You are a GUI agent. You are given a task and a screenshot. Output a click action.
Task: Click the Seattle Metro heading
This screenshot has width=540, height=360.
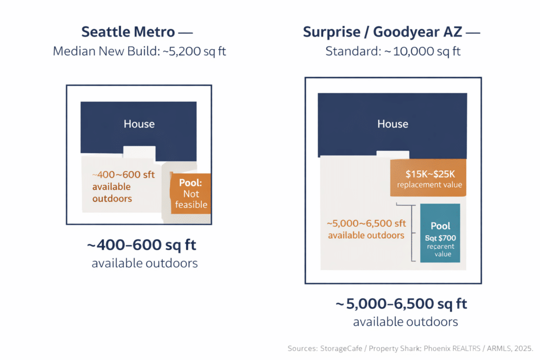tap(128, 32)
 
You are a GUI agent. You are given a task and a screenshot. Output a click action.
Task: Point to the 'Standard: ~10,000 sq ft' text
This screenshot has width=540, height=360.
tap(392, 52)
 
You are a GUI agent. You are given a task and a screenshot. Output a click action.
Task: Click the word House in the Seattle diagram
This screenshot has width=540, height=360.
tap(139, 124)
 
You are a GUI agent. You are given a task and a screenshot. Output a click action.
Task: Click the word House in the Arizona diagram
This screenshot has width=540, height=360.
tap(392, 124)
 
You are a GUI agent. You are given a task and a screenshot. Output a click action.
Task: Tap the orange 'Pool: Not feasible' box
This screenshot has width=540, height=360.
tap(191, 193)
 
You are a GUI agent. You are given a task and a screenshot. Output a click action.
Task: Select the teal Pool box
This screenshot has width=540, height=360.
tap(440, 233)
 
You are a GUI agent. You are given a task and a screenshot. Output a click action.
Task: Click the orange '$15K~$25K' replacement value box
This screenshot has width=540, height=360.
tap(429, 178)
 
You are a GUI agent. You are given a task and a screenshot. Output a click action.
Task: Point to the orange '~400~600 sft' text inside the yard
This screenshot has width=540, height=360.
tap(123, 175)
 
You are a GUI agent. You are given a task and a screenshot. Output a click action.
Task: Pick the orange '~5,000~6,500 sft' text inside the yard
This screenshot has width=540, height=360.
tap(367, 223)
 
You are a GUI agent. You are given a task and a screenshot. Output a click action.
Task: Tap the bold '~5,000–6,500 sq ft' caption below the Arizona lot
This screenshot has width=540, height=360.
tap(401, 304)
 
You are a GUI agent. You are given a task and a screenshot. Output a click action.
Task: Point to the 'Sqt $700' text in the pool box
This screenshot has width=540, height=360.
tap(440, 238)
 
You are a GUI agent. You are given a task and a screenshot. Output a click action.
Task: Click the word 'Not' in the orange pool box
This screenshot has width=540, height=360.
tap(191, 194)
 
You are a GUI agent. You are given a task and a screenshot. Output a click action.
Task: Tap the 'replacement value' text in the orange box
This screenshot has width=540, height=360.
tap(429, 185)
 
